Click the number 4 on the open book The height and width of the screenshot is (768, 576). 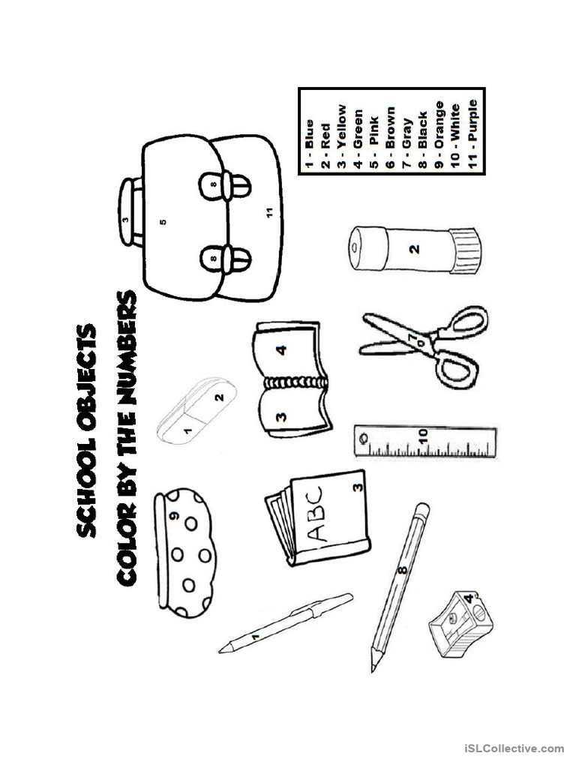pos(280,349)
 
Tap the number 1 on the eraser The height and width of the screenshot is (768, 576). pos(187,430)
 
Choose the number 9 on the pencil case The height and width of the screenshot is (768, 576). pos(173,515)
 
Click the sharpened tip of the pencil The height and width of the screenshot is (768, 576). pos(373,667)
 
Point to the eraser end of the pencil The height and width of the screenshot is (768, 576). pos(421,513)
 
